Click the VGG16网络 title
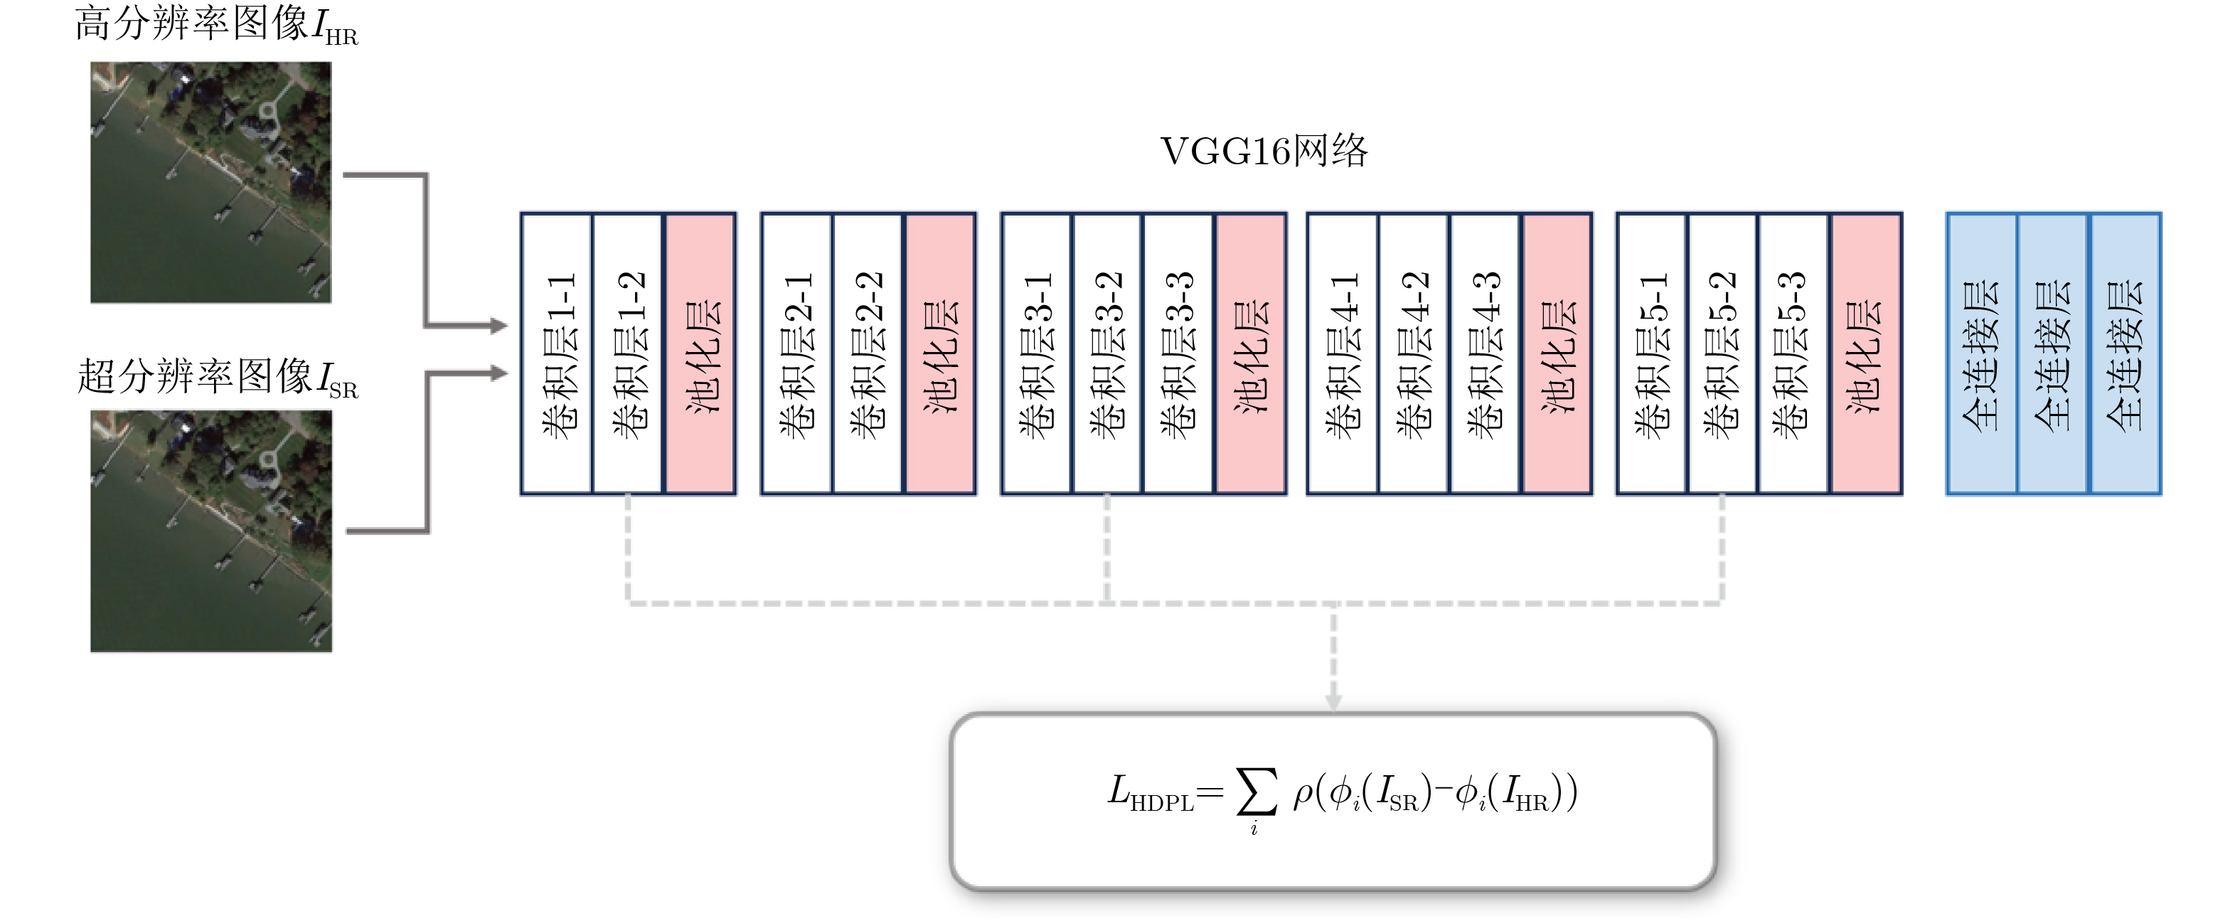[x=1264, y=151]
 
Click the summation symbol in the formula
[x=1257, y=792]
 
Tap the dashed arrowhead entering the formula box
[x=1333, y=701]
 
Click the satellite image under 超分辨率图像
[x=211, y=531]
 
